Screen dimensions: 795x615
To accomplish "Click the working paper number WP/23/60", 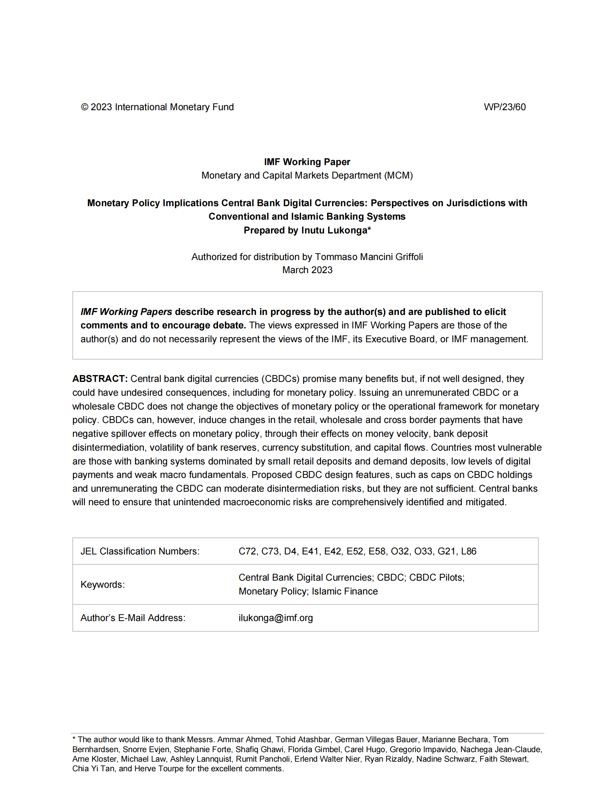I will pyautogui.click(x=504, y=107).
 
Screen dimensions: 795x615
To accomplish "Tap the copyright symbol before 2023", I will pyautogui.click(x=84, y=107).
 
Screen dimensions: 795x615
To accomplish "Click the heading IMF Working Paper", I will pyautogui.click(x=307, y=162).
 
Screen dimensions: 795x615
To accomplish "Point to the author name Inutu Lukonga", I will pyautogui.click(x=334, y=230).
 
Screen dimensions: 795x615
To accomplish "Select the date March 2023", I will pyautogui.click(x=307, y=270).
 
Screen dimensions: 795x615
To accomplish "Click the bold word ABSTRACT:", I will pyautogui.click(x=100, y=379).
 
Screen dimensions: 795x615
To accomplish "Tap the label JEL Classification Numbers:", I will pyautogui.click(x=140, y=551).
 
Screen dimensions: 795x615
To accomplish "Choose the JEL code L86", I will pyautogui.click(x=469, y=551).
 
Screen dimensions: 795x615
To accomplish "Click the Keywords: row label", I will pyautogui.click(x=102, y=585).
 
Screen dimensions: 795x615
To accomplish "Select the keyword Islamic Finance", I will pyautogui.click(x=345, y=592).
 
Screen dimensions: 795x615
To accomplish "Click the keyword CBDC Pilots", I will pyautogui.click(x=437, y=578).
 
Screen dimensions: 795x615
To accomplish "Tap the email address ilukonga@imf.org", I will pyautogui.click(x=276, y=618).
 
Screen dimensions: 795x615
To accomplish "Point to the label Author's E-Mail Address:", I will pyautogui.click(x=133, y=618).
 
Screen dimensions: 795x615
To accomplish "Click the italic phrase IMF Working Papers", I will pyautogui.click(x=126, y=312).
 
